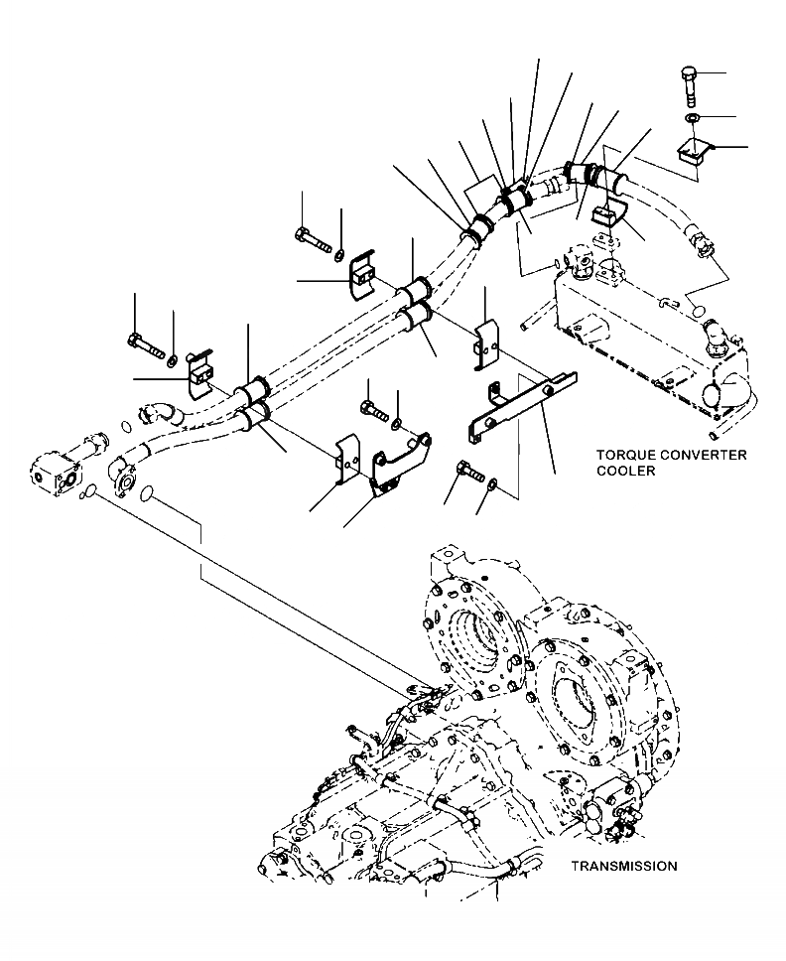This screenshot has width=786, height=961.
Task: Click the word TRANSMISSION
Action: pyautogui.click(x=623, y=866)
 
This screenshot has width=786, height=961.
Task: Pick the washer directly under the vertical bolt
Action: pyautogui.click(x=692, y=120)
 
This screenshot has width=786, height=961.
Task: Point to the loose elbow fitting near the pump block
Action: pyautogui.click(x=155, y=411)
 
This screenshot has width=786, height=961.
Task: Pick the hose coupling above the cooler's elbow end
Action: pyautogui.click(x=701, y=241)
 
